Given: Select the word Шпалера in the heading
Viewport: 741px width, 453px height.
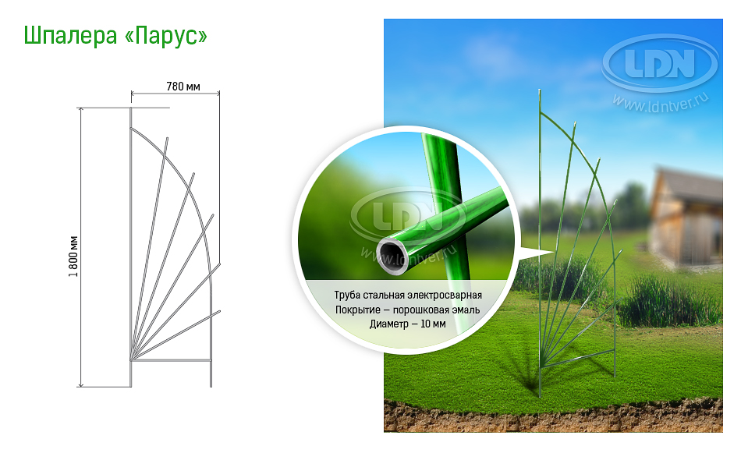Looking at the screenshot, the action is [70, 37].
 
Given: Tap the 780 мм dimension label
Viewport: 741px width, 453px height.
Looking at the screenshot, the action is [183, 87].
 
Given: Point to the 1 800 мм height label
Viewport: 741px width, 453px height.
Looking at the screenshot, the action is [73, 256].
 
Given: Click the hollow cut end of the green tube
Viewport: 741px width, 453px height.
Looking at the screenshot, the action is [392, 257].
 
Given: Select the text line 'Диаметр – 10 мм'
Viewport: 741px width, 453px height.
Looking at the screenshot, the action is [408, 324].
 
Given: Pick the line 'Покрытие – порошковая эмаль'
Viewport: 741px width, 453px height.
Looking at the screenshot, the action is [408, 310].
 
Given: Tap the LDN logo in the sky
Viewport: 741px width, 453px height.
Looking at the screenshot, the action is [660, 63].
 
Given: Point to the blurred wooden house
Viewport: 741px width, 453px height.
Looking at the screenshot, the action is [686, 218].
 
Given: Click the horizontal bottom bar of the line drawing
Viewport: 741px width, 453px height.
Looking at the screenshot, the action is [171, 360].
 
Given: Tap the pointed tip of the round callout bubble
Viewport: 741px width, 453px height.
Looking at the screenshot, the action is [552, 253].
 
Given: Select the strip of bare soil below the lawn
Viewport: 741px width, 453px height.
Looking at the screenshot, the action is [553, 416].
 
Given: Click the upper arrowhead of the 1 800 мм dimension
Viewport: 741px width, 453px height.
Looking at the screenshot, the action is [81, 111].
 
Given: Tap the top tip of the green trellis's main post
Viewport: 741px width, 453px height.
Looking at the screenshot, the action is [540, 90].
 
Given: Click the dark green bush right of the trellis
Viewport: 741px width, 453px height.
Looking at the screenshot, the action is [670, 303].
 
